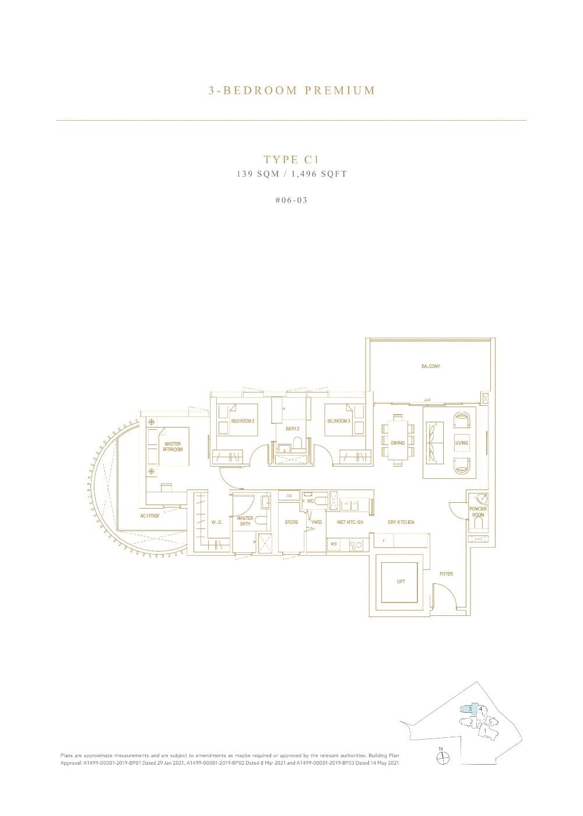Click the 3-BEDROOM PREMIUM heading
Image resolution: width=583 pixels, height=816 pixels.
291,90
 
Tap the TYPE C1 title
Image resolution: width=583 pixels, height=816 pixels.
291,160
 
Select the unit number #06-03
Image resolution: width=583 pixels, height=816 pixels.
291,200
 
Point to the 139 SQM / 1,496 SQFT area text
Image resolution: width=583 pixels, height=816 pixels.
291,174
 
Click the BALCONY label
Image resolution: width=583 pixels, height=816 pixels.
431,366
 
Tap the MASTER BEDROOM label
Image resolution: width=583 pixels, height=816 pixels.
173,447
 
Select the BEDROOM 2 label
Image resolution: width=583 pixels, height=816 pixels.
243,421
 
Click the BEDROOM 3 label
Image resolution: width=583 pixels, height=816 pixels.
339,421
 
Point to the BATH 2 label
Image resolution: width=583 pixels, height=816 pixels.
292,429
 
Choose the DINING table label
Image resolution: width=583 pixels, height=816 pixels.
398,443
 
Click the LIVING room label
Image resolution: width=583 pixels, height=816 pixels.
462,443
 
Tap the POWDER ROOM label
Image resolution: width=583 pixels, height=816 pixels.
478,512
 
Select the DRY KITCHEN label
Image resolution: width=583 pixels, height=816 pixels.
401,522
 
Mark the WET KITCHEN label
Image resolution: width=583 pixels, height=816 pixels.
350,522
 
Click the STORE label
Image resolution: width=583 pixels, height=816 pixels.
291,522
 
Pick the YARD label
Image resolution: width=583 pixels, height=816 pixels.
317,522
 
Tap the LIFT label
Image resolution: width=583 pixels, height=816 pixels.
401,582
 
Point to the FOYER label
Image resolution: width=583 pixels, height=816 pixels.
446,574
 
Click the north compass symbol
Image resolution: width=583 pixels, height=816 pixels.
443,757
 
